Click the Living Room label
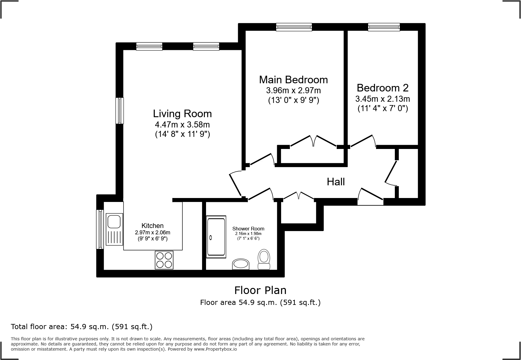pos(182,114)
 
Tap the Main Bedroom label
pos(293,80)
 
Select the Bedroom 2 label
pos(382,88)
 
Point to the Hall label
pos(336,182)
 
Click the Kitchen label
pos(152,226)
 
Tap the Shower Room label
pos(248,229)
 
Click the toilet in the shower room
pos(264,259)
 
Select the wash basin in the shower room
pos(241,264)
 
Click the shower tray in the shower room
pos(216,237)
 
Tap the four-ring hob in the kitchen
pos(164,260)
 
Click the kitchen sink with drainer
pos(114,229)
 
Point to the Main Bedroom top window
pos(294,27)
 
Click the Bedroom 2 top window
pos(384,27)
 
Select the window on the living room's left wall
pos(120,111)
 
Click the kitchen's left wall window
pos(100,229)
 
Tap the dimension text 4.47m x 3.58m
pos(182,124)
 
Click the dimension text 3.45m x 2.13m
pos(382,99)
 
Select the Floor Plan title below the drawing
pos(260,290)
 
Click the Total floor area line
pos(81,327)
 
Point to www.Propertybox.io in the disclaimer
pos(215,349)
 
